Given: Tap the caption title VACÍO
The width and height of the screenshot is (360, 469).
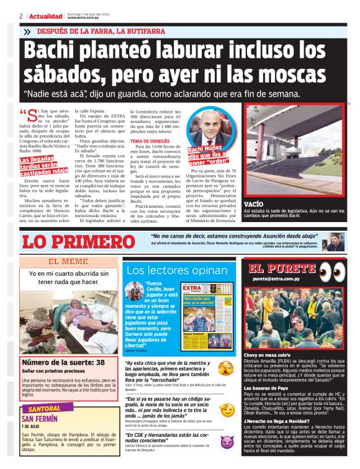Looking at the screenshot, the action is pyautogui.click(x=254, y=204).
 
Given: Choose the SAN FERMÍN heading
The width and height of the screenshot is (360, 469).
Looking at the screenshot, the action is pyautogui.click(x=39, y=419).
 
